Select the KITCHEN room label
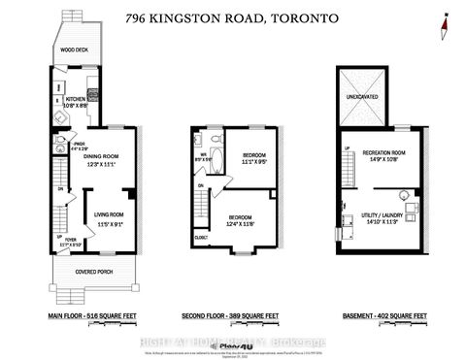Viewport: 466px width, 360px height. (x=78, y=98)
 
